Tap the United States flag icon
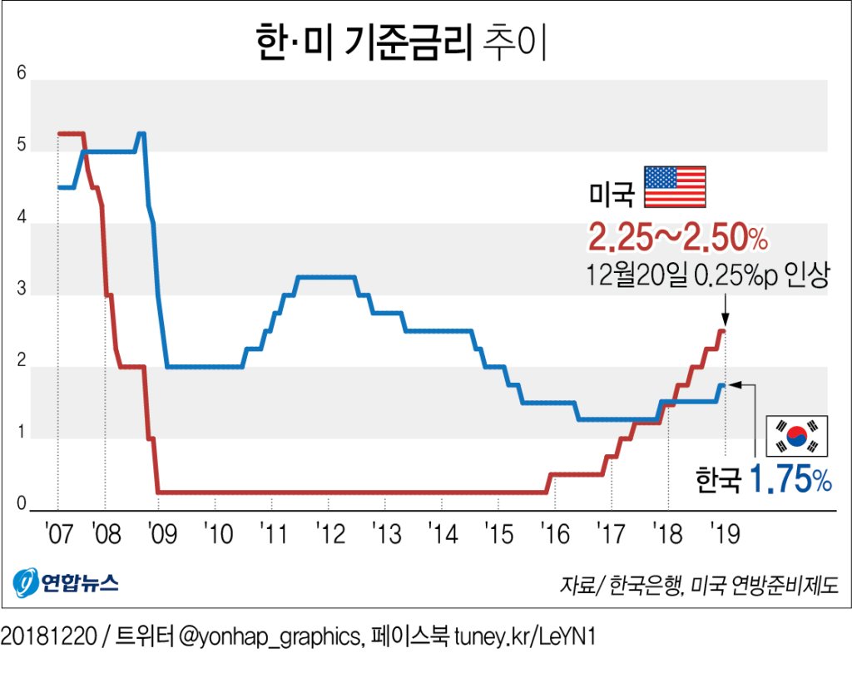(675, 187)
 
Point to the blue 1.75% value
(790, 480)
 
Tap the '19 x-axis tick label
(724, 534)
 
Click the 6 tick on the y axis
(22, 74)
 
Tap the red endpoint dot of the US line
(722, 332)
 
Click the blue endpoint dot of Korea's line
(723, 384)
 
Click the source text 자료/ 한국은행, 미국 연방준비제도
(699, 583)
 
